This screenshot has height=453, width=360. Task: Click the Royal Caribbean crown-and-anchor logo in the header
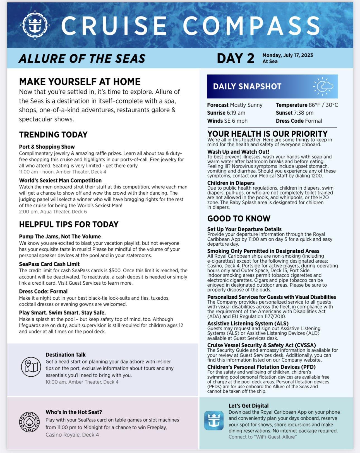click(x=35, y=25)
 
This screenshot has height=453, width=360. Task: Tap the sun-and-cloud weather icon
click(x=323, y=86)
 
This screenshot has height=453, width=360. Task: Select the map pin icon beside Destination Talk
click(x=31, y=367)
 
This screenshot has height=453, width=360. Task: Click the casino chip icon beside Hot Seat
click(x=29, y=422)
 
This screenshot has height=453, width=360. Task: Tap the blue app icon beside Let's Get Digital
click(x=213, y=420)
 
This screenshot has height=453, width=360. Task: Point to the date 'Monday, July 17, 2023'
click(x=287, y=55)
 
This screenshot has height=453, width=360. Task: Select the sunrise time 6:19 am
click(x=236, y=113)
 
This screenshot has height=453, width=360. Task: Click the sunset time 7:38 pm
click(x=303, y=113)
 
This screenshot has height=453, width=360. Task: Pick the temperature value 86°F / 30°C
click(x=323, y=105)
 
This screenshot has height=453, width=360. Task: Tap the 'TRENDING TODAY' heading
click(x=53, y=135)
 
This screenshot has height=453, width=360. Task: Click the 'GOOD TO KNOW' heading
click(x=239, y=219)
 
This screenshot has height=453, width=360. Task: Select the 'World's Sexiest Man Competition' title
click(x=60, y=180)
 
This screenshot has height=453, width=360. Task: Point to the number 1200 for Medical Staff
click(x=317, y=176)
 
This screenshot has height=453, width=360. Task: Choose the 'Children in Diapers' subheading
click(x=231, y=183)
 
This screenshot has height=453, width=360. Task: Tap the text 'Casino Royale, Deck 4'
click(x=72, y=435)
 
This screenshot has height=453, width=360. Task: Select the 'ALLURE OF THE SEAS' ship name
click(x=82, y=58)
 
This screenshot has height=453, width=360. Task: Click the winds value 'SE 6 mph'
click(x=236, y=121)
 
